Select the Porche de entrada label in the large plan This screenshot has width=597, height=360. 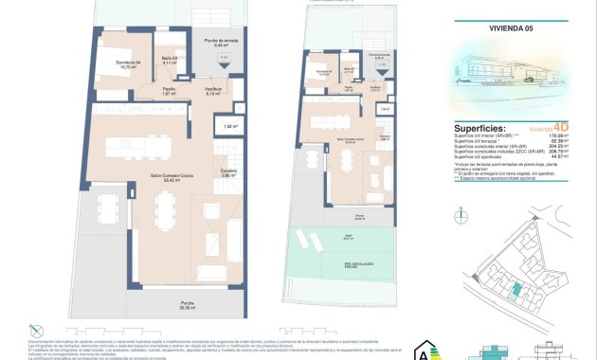[220, 43]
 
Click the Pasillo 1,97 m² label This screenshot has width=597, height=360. [142, 91]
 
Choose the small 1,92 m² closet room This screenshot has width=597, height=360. [230, 125]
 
